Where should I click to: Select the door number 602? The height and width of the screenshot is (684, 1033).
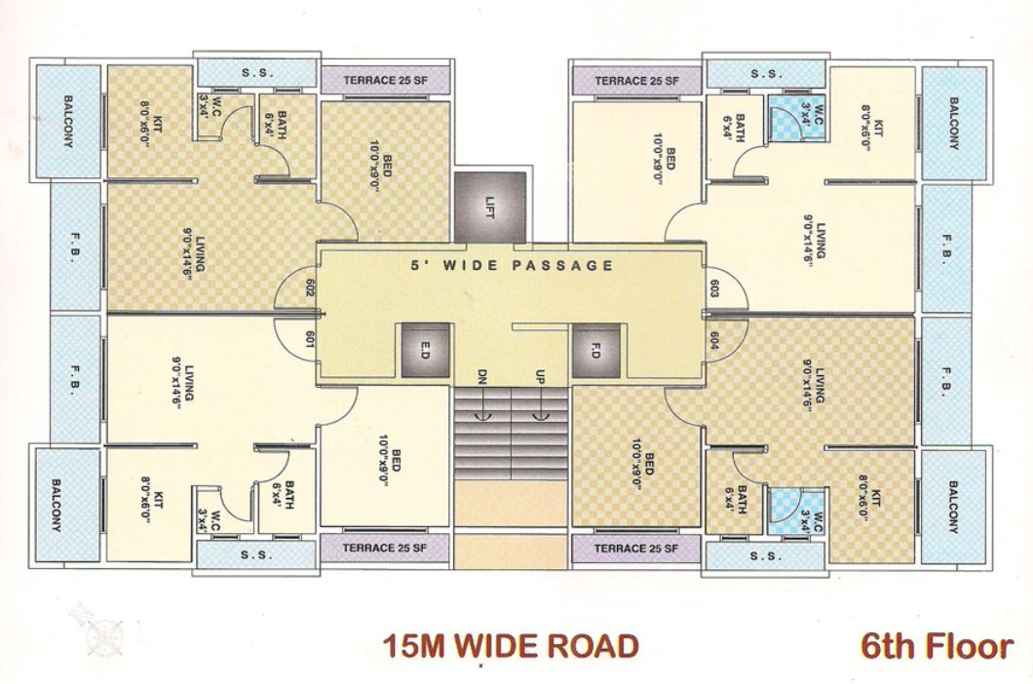click(x=309, y=289)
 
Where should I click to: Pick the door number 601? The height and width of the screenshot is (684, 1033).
click(x=309, y=338)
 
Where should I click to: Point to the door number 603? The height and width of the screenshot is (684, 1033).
click(x=715, y=289)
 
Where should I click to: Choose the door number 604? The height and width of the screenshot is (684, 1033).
click(x=715, y=339)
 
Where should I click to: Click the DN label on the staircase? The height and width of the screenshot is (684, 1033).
click(x=481, y=375)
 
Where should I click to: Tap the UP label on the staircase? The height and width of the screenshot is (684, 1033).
click(x=538, y=375)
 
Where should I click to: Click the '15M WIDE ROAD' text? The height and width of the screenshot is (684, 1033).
click(x=511, y=645)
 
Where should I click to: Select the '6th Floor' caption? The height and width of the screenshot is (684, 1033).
click(x=937, y=645)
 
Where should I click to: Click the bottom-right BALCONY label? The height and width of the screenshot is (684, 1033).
click(x=954, y=507)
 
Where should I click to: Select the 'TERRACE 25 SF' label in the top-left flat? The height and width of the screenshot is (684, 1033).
click(x=385, y=80)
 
